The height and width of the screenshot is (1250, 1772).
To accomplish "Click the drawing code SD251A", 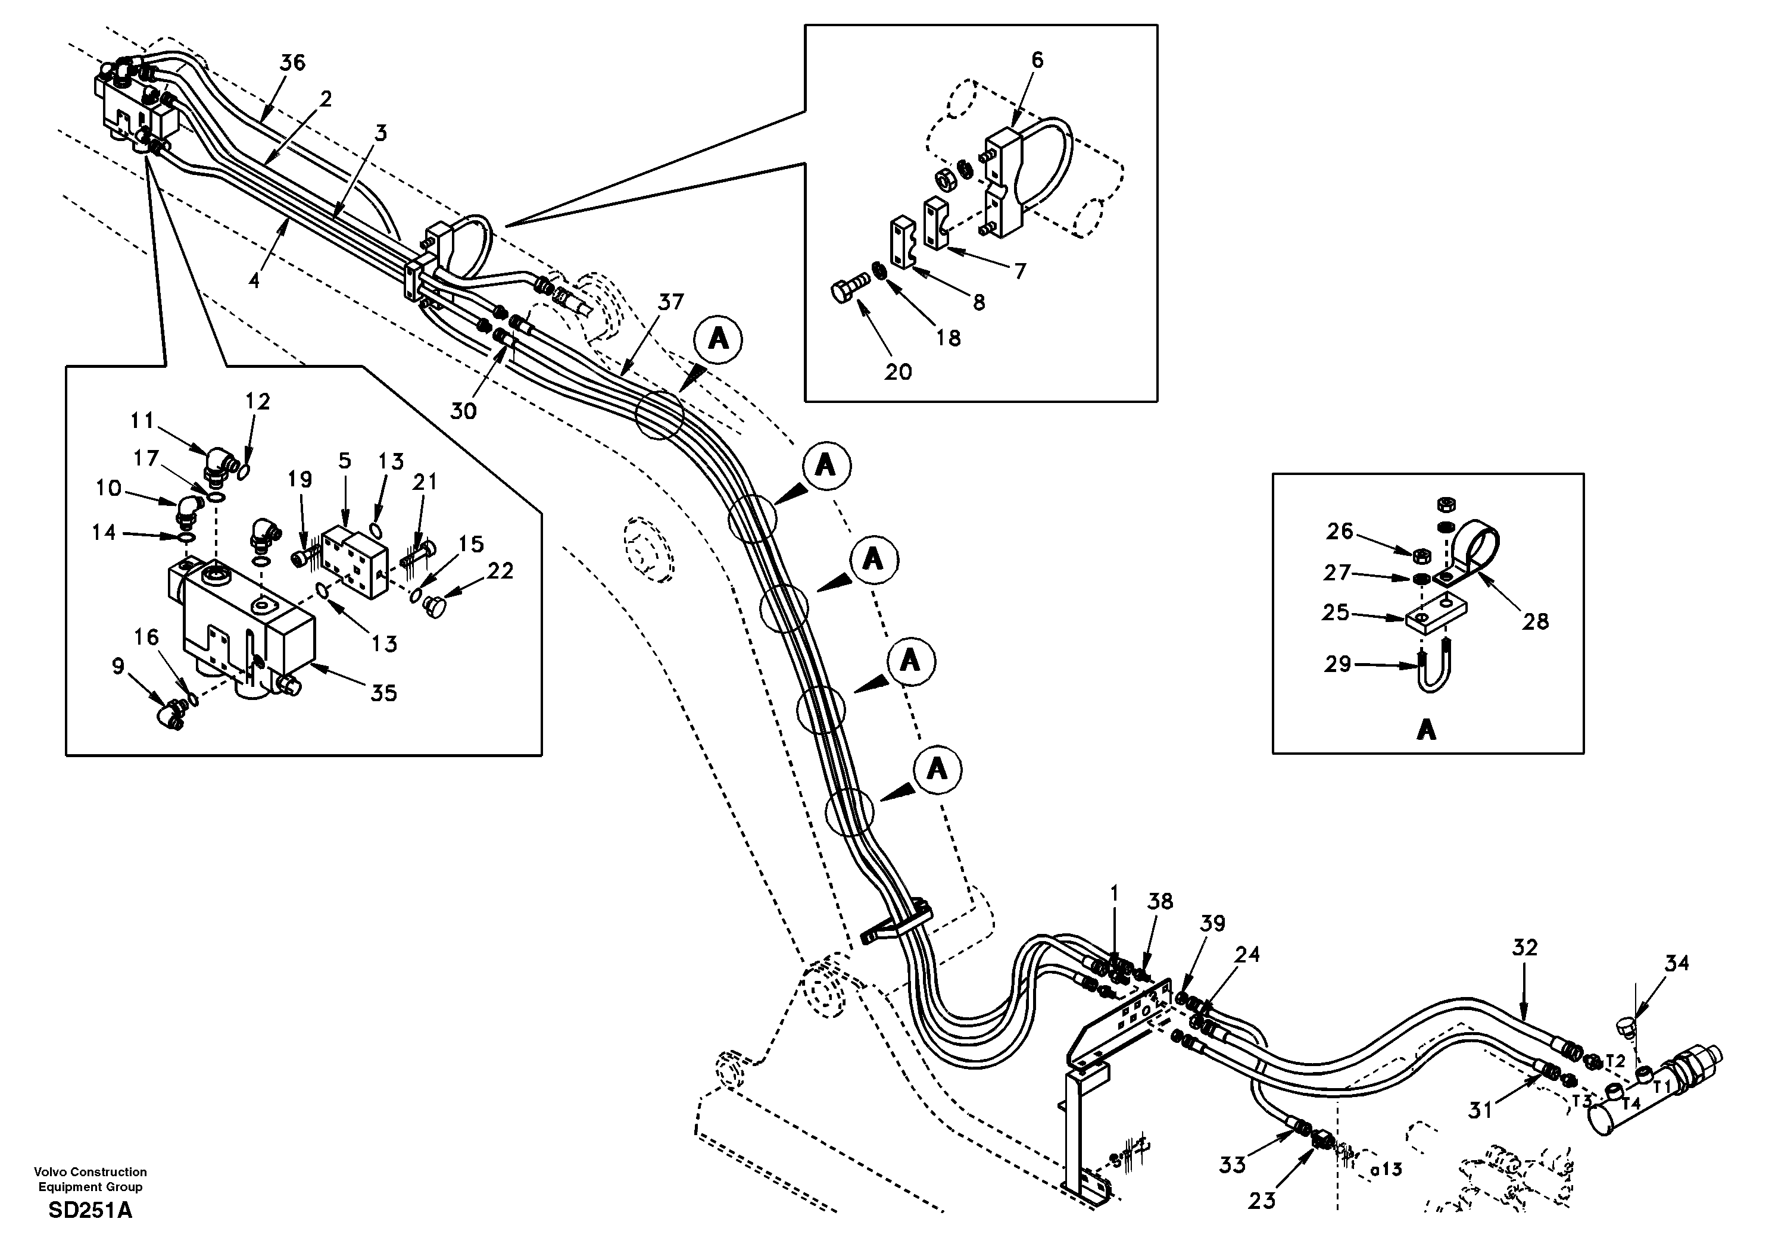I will coord(91,1210).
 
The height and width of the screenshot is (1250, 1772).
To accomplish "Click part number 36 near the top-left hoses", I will coord(292,62).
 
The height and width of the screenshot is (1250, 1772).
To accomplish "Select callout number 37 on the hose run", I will coord(670,302).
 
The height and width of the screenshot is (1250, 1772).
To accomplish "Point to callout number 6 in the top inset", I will coord(1037,60).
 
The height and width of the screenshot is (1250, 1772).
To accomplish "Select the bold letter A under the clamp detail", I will coord(1426,729).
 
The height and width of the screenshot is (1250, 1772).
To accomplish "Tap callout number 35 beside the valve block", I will coord(383,693).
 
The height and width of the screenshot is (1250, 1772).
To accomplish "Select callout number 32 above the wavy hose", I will coord(1525,948).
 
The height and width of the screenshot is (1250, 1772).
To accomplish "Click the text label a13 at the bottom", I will coord(1386,1170).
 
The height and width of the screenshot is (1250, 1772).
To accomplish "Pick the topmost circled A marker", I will coord(719,339).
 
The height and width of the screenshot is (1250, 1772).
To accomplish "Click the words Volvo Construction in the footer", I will coord(91,1172).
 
